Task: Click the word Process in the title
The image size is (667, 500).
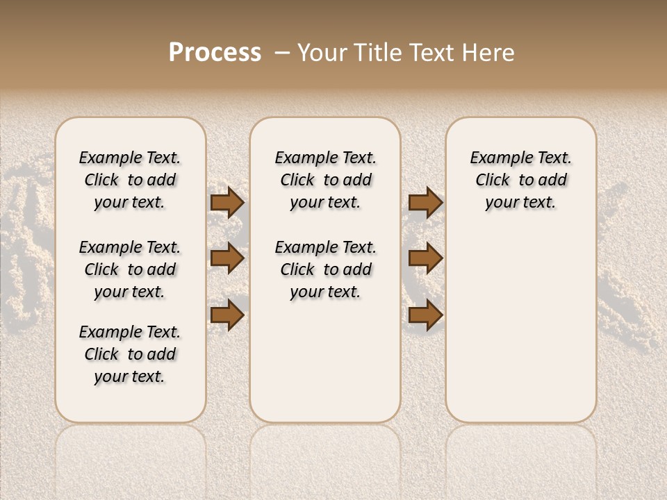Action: pos(215,53)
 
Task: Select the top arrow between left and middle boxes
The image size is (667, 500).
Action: pos(227,202)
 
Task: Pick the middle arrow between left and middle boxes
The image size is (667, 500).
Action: pos(227,258)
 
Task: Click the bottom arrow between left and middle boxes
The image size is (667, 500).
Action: pos(227,315)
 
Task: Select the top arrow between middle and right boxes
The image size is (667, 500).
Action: pos(425,202)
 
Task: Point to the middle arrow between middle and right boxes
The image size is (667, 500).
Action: pos(425,258)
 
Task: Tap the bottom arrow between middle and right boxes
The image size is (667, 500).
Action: pos(425,315)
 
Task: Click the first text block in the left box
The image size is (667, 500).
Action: pos(130,180)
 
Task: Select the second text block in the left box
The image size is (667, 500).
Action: pos(130,269)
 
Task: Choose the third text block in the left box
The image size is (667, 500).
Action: pos(130,354)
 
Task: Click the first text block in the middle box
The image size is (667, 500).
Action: pos(325,180)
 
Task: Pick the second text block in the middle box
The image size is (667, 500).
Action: pos(325,269)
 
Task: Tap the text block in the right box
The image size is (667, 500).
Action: pos(521,180)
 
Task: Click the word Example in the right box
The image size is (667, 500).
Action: pos(496,158)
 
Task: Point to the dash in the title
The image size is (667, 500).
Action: pos(281,53)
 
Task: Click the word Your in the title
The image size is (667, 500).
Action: pos(322,53)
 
